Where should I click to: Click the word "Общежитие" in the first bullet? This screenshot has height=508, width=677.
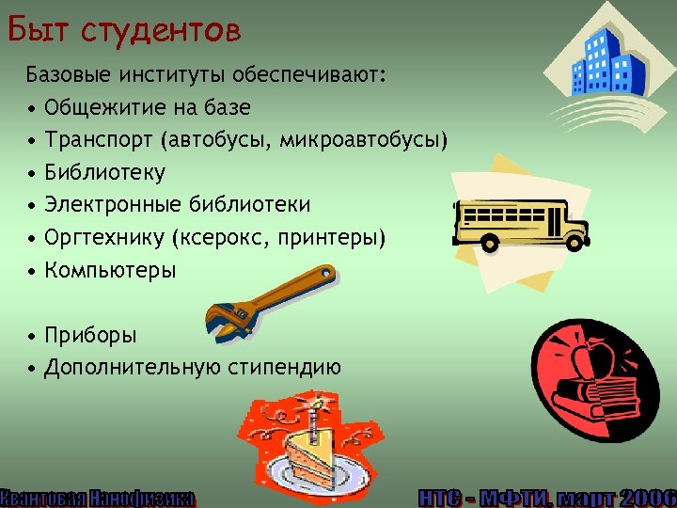point(101,107)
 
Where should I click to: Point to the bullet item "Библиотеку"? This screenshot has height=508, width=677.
point(104,172)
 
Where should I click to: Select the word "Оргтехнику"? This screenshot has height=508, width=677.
point(103,237)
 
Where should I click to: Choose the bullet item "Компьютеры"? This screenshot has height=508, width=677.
point(110,270)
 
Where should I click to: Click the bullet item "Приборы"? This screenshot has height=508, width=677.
point(90,335)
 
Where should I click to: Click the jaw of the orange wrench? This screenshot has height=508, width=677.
point(226,321)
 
